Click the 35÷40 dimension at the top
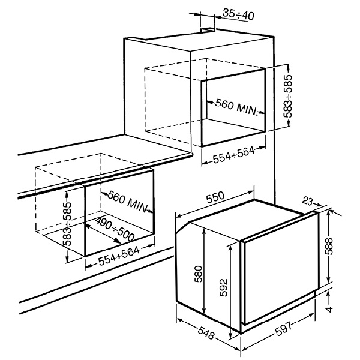[238, 14]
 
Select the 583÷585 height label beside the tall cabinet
[288, 96]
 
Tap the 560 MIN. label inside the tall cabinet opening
[236, 107]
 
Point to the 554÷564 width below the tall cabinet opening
[234, 155]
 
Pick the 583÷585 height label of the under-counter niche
[67, 224]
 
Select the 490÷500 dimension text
[115, 229]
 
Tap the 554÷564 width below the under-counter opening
[119, 256]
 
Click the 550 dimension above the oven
[215, 197]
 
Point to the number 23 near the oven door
[307, 201]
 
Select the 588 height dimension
[329, 247]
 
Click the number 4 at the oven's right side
[329, 309]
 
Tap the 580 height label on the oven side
[198, 274]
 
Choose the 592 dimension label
[223, 287]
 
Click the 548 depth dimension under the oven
[206, 332]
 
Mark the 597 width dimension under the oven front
[284, 328]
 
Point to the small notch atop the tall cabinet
[208, 30]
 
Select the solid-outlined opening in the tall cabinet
[233, 107]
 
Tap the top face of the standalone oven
[245, 220]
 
